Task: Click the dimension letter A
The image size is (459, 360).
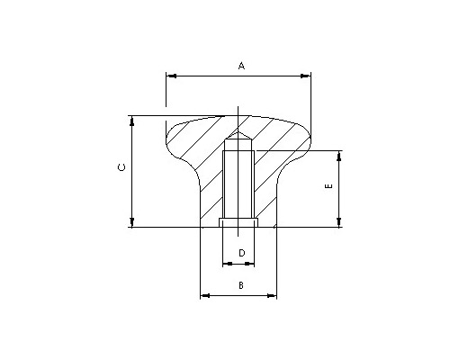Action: click(x=241, y=66)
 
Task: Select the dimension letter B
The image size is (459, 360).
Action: click(x=241, y=285)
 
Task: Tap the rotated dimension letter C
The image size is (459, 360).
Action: click(x=121, y=167)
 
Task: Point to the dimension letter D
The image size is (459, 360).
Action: click(x=242, y=253)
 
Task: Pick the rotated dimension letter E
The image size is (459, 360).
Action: click(x=329, y=186)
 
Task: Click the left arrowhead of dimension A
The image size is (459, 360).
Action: click(x=171, y=76)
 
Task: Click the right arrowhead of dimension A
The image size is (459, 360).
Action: click(x=306, y=76)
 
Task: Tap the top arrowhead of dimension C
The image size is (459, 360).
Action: click(x=132, y=121)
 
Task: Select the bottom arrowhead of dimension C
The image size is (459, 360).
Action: click(x=132, y=222)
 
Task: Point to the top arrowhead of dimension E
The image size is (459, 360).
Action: click(x=339, y=156)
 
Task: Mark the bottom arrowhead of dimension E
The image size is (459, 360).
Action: click(x=339, y=222)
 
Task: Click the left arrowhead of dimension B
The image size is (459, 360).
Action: click(x=205, y=296)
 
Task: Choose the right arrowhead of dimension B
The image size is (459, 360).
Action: click(x=272, y=296)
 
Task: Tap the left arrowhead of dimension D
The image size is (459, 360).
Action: click(x=228, y=264)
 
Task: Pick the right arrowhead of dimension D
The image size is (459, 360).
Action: click(x=249, y=264)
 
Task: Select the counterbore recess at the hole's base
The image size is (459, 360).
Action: click(x=238, y=222)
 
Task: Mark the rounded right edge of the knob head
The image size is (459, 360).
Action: click(x=308, y=139)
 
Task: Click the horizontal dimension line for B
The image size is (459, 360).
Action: click(x=238, y=296)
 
